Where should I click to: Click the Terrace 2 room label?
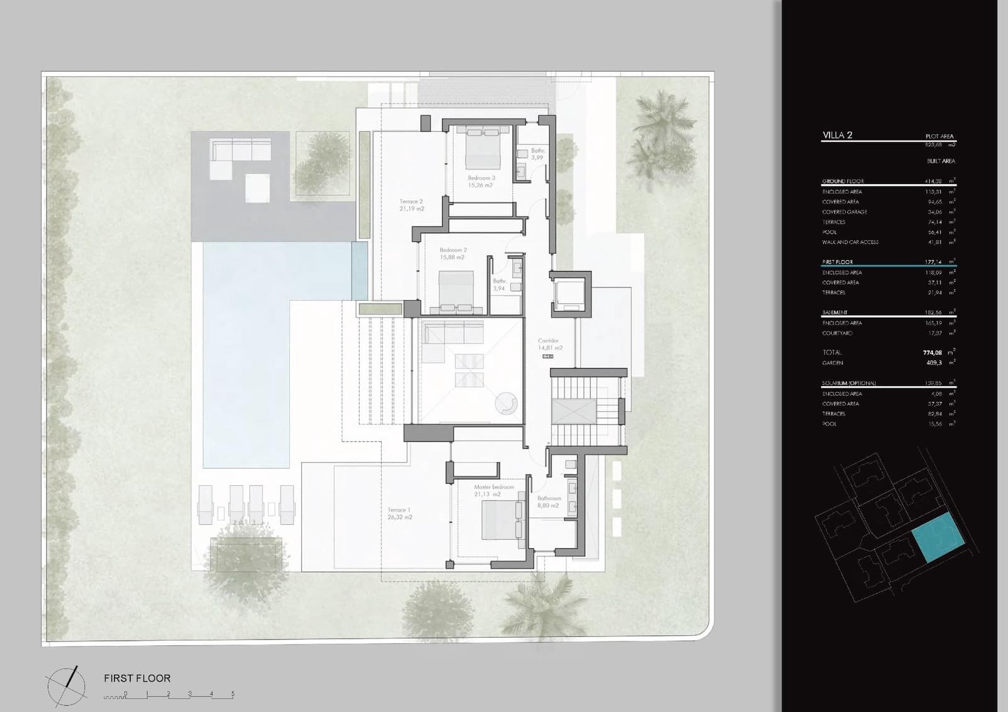tap(411, 205)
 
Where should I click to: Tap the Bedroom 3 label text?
tap(481, 181)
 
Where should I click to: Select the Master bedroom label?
tap(494, 490)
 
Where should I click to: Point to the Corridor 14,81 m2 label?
tap(549, 344)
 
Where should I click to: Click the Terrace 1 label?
tap(399, 513)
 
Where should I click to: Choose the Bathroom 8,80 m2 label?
tap(549, 502)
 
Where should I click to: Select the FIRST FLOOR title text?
tap(137, 679)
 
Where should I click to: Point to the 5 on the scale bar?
tap(232, 694)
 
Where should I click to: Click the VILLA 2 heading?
tap(837, 135)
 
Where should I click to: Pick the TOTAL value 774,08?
tap(932, 353)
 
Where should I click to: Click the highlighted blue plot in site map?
tap(939, 537)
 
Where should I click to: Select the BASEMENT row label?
tap(835, 313)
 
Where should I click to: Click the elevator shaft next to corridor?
tap(570, 293)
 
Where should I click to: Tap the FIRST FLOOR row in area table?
tap(837, 262)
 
